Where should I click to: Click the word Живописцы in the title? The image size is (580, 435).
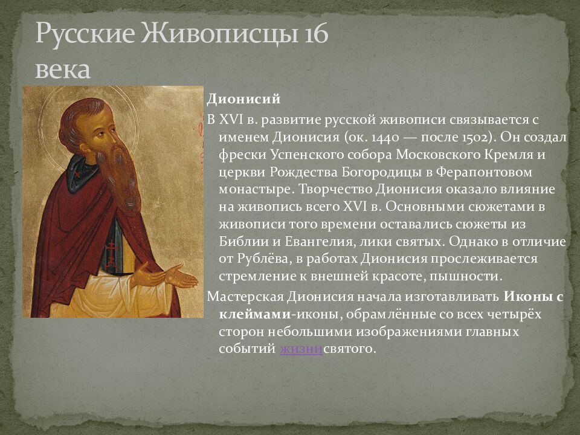[219, 34]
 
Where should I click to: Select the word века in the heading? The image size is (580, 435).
[62, 70]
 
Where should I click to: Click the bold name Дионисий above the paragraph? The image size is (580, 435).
[243, 99]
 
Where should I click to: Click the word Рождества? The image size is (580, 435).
[303, 172]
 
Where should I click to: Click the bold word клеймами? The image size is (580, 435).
[255, 314]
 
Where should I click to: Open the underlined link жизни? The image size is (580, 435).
[301, 349]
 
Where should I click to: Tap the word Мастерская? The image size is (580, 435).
[245, 297]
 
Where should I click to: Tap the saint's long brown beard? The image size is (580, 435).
[122, 178]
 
